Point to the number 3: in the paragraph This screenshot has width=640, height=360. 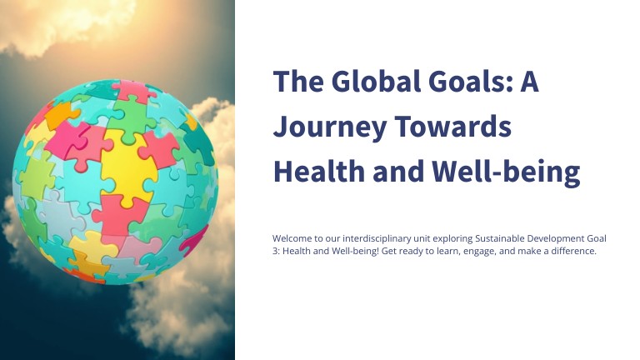pyautogui.click(x=277, y=252)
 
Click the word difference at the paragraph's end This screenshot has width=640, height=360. pyautogui.click(x=574, y=252)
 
